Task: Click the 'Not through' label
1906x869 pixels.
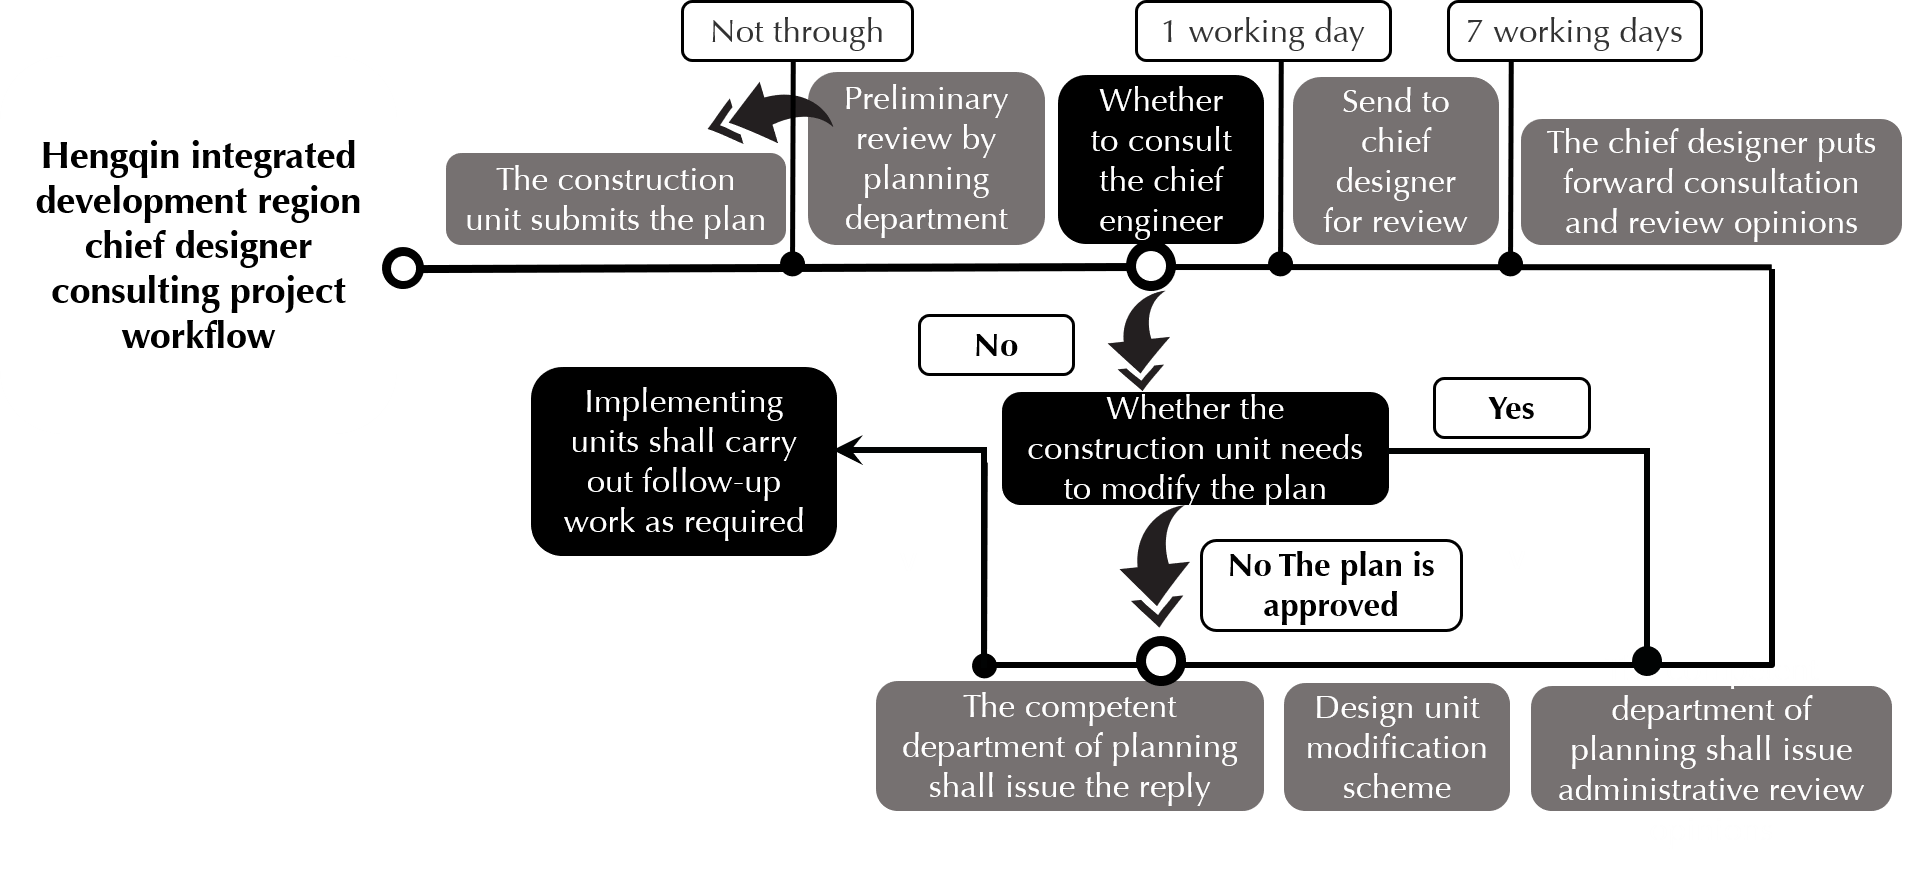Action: [x=797, y=32]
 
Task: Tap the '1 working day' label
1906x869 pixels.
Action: [x=1263, y=32]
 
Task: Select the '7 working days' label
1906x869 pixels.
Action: [x=1574, y=32]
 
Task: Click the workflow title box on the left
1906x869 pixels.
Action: [x=198, y=245]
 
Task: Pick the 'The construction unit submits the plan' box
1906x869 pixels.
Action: [x=615, y=199]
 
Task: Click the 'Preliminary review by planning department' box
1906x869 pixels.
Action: [x=926, y=158]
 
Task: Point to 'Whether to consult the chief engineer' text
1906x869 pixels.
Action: [x=1161, y=160]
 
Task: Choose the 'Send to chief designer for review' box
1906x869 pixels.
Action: [x=1395, y=161]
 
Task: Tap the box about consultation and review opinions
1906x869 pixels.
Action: [x=1711, y=182]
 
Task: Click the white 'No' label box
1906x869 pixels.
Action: [x=996, y=345]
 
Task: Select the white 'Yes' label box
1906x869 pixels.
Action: [x=1511, y=408]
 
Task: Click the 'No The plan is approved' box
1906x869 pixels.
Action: [x=1331, y=585]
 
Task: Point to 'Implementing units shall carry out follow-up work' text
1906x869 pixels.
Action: [x=684, y=461]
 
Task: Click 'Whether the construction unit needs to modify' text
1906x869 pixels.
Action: [x=1195, y=448]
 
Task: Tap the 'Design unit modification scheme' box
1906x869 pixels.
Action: [x=1396, y=747]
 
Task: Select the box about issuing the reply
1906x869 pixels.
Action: [x=1070, y=746]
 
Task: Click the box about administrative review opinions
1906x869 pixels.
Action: [x=1711, y=748]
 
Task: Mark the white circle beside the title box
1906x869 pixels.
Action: [x=402, y=268]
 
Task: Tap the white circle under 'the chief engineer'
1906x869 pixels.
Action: [x=1151, y=267]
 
